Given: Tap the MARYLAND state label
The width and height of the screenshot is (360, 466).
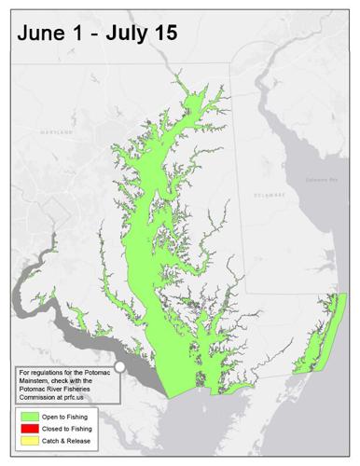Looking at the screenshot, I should point(48,132).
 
